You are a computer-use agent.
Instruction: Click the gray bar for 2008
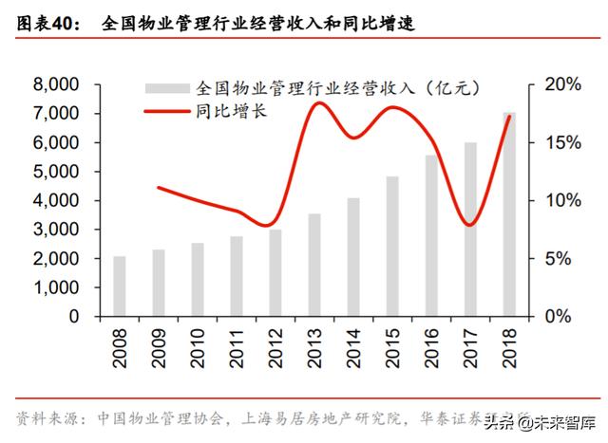(120, 286)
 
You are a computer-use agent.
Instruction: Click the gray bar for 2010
(198, 279)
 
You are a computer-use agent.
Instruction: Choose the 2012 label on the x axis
(275, 351)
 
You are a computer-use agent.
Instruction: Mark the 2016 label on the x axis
(431, 351)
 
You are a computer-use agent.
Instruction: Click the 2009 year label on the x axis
(159, 351)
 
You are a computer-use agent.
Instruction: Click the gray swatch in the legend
(167, 88)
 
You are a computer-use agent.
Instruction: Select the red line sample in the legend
(167, 112)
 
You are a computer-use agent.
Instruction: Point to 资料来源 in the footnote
(48, 418)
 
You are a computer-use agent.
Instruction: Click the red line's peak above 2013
(318, 102)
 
